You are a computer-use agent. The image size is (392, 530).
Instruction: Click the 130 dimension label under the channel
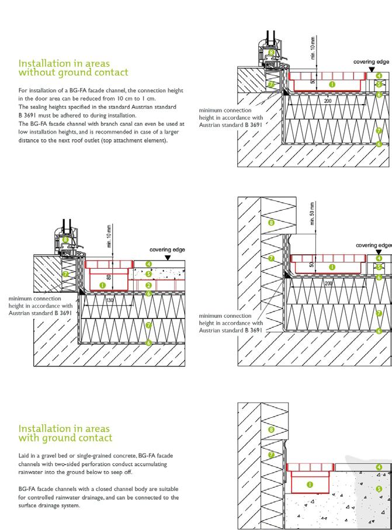(x=110, y=300)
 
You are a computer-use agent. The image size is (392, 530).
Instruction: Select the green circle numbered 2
(x=148, y=285)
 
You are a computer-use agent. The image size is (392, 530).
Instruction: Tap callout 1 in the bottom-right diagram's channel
(x=310, y=484)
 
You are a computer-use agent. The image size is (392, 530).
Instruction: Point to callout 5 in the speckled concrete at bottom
(x=379, y=489)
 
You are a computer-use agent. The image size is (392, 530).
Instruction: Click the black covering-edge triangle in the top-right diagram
(x=372, y=69)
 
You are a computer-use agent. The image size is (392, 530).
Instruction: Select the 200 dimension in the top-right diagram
(x=328, y=101)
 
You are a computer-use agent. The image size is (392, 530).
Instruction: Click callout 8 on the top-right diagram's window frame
(x=271, y=52)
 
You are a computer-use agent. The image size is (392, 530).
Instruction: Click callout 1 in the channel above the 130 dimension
(x=103, y=285)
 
